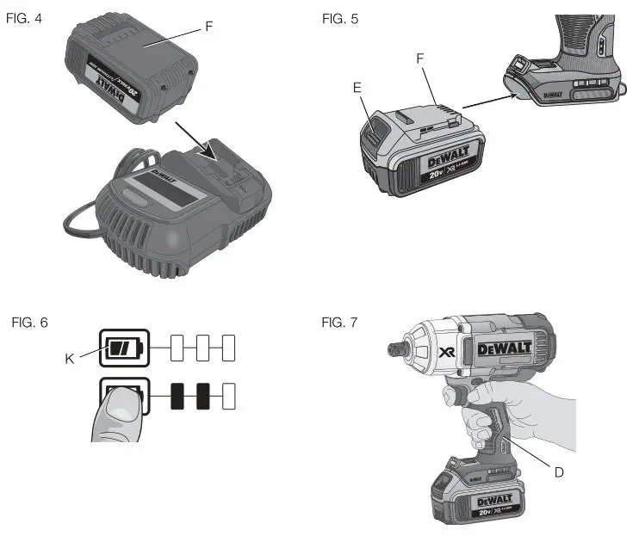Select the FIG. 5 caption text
pyautogui.click(x=341, y=18)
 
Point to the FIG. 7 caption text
pyautogui.click(x=341, y=322)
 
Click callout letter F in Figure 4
pyautogui.click(x=209, y=27)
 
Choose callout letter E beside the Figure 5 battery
pyautogui.click(x=357, y=86)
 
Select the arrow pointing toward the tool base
pyautogui.click(x=491, y=104)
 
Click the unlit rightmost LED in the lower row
pyautogui.click(x=228, y=397)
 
